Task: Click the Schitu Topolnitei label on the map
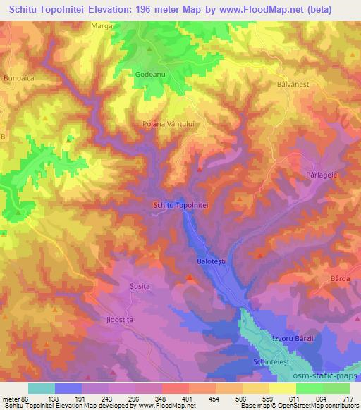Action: [x=180, y=205]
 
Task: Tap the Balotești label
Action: [x=209, y=261]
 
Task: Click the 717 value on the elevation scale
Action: [x=347, y=398]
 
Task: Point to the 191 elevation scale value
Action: [x=81, y=398]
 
